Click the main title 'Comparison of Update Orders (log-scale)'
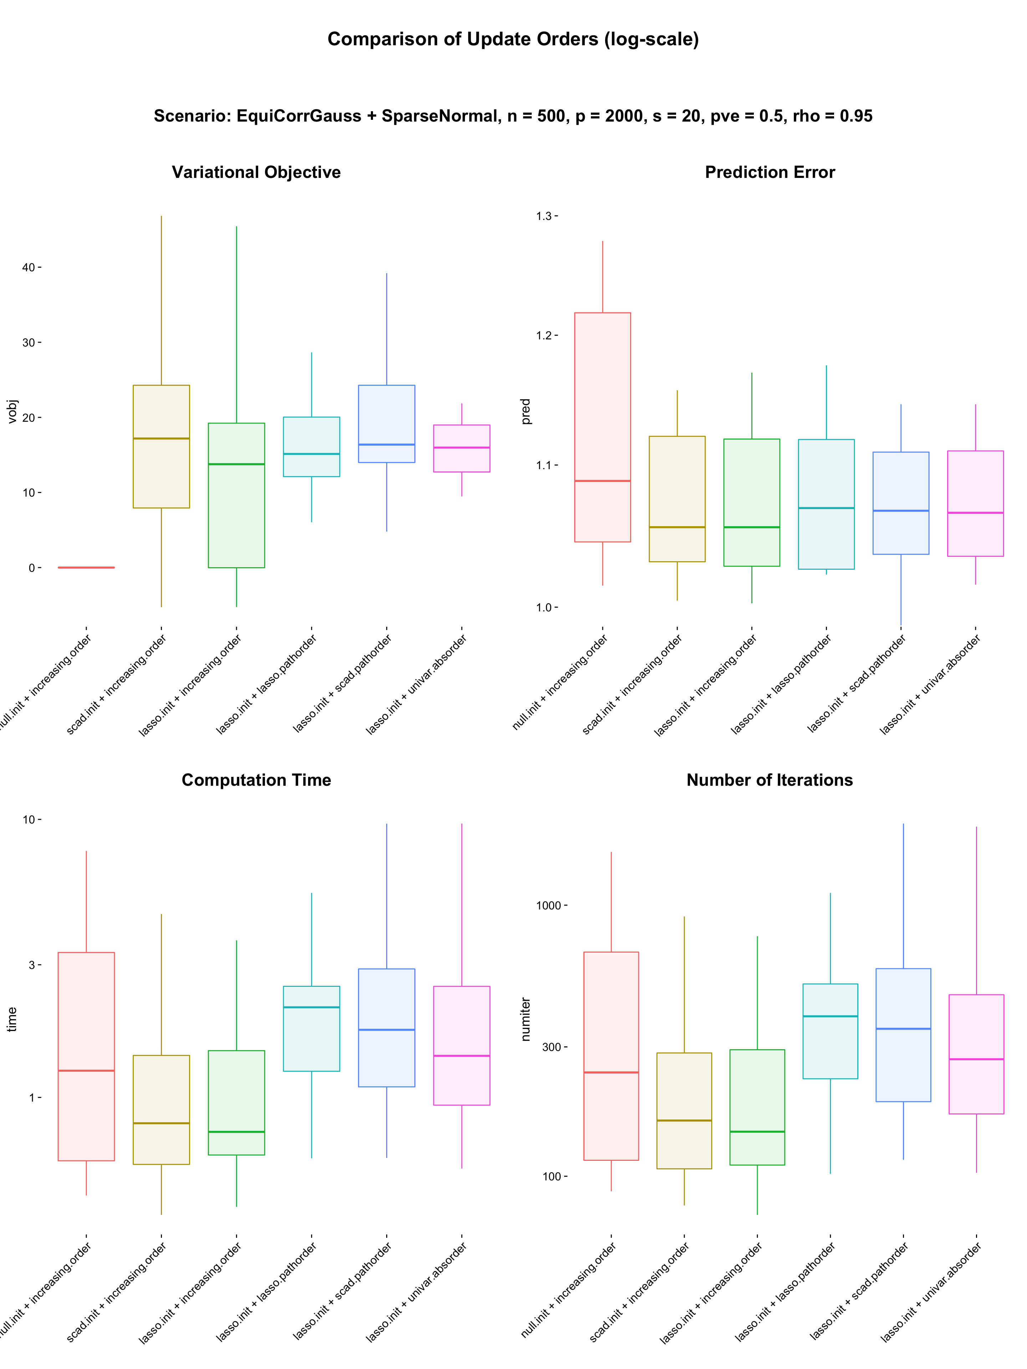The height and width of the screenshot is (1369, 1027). point(513,39)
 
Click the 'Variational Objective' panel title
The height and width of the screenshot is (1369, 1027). point(256,172)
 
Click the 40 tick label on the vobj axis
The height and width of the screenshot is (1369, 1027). point(29,267)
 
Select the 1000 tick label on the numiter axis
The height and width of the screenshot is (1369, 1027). point(548,906)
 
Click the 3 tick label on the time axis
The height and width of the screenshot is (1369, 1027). point(32,965)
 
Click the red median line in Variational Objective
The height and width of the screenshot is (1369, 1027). point(86,568)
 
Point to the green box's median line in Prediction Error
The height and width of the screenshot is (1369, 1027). point(751,527)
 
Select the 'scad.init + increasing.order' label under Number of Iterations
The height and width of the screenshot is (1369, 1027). point(639,1293)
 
